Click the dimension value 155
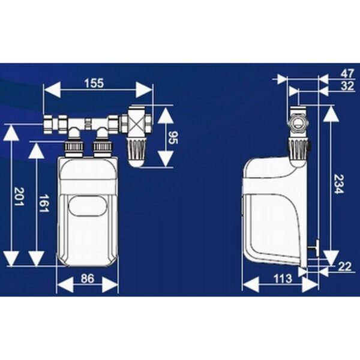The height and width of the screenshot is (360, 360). point(94,83)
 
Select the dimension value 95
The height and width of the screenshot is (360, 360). point(173,137)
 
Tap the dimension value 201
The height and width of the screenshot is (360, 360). point(19,197)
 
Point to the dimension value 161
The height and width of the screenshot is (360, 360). point(44,203)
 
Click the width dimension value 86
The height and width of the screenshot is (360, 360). point(88,279)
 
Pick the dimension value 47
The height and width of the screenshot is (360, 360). point(347,74)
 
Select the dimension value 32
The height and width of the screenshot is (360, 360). point(347,86)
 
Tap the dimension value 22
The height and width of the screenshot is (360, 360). point(344,267)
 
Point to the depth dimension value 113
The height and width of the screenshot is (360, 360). point(283,279)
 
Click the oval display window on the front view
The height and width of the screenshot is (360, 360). point(88,206)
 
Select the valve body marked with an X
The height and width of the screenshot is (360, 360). point(137,124)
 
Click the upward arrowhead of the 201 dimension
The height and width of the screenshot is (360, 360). point(11,133)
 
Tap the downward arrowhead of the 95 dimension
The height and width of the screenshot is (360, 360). point(166,158)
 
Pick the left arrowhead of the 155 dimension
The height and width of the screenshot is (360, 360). point(52,89)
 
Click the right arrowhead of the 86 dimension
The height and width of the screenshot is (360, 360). point(110,284)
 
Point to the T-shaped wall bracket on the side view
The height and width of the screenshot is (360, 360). point(314,248)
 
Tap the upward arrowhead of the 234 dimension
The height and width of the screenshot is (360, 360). point(331,114)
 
